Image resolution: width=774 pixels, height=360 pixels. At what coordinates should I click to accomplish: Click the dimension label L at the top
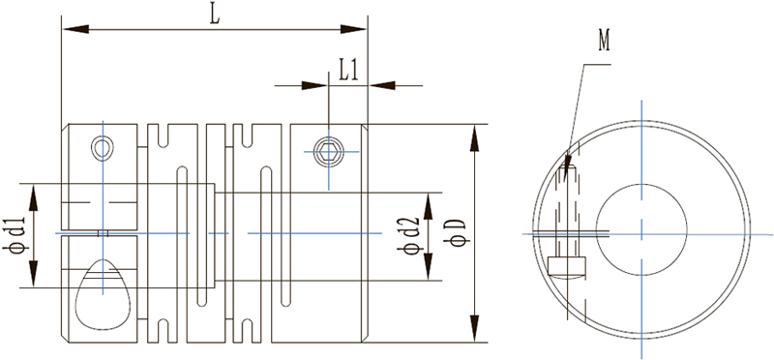pos(214,15)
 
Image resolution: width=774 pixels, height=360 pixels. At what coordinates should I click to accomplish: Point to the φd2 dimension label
pos(408,235)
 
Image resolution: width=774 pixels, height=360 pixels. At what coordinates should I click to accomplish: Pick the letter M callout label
pos(604,40)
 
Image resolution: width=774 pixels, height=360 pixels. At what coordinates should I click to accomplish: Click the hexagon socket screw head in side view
pos(329,151)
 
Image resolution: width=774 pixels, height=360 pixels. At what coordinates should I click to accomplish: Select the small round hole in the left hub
pos(103,148)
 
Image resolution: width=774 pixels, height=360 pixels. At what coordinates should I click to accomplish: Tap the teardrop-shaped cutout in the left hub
pos(103,294)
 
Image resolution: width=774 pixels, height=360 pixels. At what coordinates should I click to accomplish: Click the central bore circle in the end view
pos(641,185)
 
